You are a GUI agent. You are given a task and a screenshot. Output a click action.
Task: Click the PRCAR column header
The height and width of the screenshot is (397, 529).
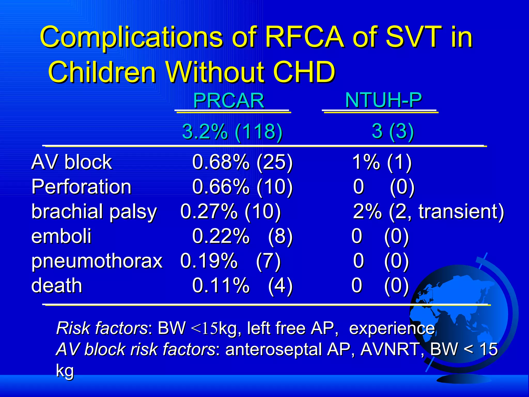[228, 101]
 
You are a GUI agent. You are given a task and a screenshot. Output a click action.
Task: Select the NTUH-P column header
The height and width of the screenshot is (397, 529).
[383, 100]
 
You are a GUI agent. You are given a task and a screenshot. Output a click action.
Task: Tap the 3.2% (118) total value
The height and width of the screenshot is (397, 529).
[232, 131]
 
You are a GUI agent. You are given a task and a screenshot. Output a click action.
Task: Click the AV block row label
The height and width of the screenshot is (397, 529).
[71, 162]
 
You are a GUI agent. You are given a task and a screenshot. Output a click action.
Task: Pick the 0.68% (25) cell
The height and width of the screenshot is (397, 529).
[242, 162]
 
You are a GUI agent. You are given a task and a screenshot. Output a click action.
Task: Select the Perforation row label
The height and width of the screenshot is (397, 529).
[81, 187]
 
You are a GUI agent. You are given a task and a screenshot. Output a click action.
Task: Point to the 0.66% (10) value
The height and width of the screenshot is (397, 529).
[242, 187]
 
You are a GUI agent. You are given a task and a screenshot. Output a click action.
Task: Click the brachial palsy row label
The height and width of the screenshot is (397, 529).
[94, 211]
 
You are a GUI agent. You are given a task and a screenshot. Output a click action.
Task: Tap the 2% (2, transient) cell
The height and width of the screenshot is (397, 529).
[428, 211]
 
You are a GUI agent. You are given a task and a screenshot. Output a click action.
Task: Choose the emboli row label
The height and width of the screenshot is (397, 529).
[61, 236]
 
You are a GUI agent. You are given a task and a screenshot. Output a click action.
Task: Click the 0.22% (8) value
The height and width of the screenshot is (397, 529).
[242, 236]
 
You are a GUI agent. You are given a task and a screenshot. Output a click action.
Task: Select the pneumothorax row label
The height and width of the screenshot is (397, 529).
[97, 261]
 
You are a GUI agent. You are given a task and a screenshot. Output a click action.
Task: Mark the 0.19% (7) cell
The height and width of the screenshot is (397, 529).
[230, 261]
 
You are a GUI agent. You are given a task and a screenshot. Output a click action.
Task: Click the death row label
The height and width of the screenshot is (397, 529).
[57, 285]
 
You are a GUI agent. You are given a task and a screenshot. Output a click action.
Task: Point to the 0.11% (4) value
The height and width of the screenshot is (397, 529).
[242, 285]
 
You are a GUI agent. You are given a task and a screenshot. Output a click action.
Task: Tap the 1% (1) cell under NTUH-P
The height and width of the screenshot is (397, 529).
[382, 162]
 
